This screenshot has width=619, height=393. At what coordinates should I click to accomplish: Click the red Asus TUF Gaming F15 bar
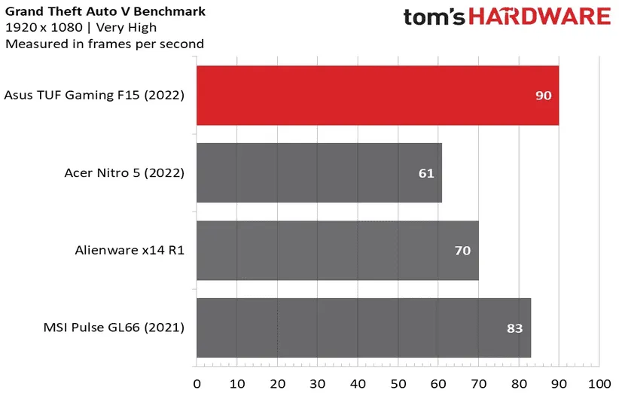[377, 96]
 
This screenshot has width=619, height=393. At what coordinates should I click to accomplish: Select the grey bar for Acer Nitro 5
[319, 173]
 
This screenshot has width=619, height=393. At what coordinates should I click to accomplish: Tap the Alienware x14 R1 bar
[337, 250]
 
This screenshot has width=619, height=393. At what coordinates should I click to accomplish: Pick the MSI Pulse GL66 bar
[363, 327]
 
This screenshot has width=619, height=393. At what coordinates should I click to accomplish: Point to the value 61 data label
[426, 173]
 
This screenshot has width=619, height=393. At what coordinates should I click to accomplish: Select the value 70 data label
[462, 250]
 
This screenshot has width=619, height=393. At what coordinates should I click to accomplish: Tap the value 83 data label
[515, 328]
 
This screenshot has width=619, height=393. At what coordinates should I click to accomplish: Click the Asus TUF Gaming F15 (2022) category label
[94, 96]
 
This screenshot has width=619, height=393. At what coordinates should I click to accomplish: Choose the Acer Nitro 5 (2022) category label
[124, 173]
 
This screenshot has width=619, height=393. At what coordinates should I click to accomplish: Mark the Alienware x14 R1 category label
[130, 250]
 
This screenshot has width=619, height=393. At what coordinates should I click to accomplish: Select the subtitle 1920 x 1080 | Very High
[81, 28]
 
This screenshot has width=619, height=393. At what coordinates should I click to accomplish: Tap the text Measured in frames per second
[104, 44]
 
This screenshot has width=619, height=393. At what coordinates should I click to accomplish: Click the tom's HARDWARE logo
[506, 17]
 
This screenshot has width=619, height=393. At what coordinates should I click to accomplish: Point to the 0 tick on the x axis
[197, 382]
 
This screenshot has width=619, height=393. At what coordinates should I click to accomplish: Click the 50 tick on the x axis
[398, 382]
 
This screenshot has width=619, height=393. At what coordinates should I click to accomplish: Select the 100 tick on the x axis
[599, 382]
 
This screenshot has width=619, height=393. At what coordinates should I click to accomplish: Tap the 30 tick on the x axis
[318, 382]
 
